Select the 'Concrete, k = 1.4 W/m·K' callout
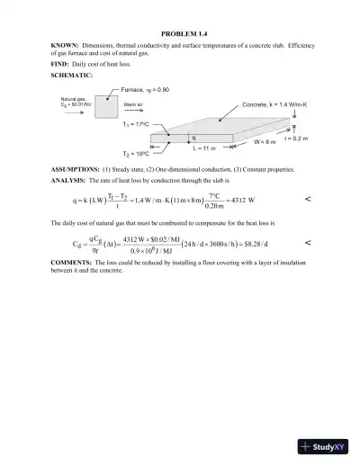(x=274, y=105)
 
